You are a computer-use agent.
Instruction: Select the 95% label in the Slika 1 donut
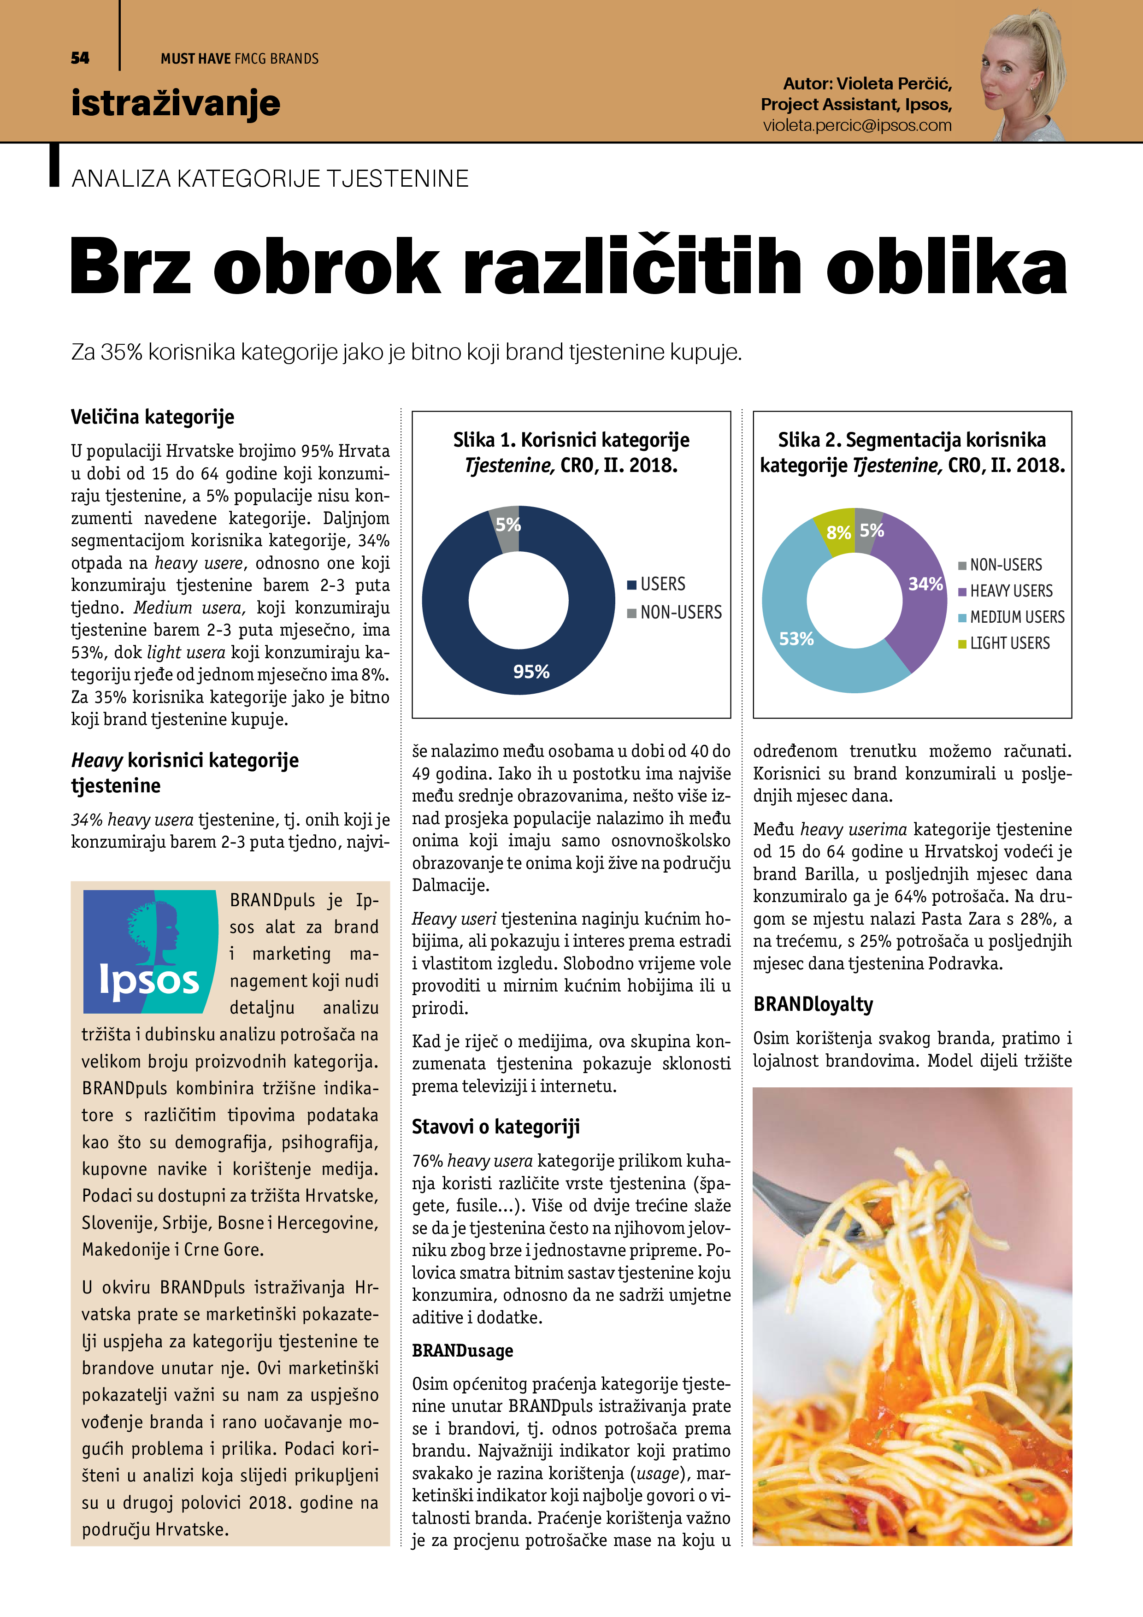point(531,672)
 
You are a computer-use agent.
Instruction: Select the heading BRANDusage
point(462,1350)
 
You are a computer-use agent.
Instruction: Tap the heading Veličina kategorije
point(152,417)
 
